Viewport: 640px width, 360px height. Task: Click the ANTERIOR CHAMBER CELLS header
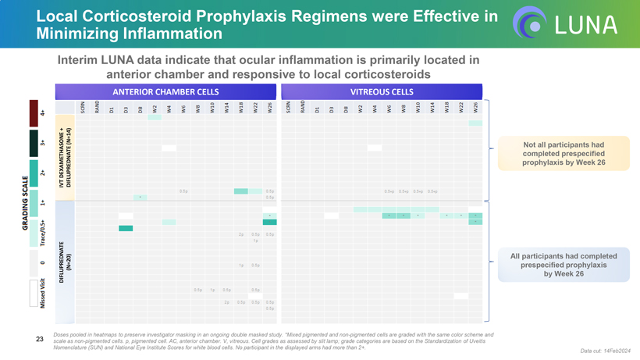176,91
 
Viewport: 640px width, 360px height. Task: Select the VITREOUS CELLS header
382,91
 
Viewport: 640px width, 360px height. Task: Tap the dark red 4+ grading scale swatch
34,113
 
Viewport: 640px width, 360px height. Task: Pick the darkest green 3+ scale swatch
34,143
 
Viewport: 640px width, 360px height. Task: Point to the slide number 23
40,339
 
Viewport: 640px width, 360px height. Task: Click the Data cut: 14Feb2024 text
606,351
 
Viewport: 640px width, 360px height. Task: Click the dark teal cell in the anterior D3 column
126,228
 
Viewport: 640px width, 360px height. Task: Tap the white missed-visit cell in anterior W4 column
169,148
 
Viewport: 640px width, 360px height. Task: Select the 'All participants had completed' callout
552,265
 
